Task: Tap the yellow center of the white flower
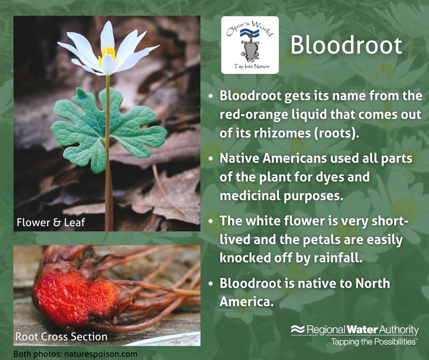pyautogui.click(x=108, y=54)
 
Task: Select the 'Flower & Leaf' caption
pyautogui.click(x=51, y=223)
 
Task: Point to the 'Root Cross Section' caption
pyautogui.click(x=62, y=337)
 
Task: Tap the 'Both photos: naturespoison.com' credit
pyautogui.click(x=75, y=354)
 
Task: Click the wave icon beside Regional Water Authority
pyautogui.click(x=298, y=329)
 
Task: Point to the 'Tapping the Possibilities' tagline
pyautogui.click(x=373, y=341)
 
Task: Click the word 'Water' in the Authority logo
pyautogui.click(x=363, y=329)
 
